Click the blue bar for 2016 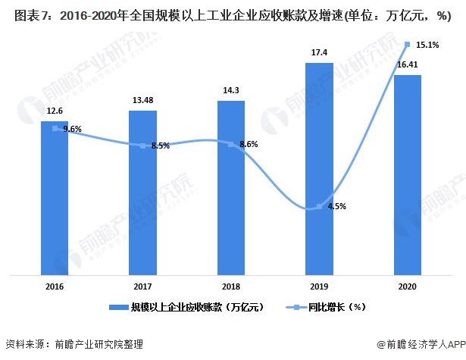55,197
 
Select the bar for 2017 142,193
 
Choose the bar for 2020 408,174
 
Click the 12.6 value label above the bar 55,111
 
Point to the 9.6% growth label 73,130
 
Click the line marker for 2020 408,44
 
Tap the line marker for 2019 319,207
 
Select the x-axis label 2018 231,286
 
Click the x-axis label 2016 55,286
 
